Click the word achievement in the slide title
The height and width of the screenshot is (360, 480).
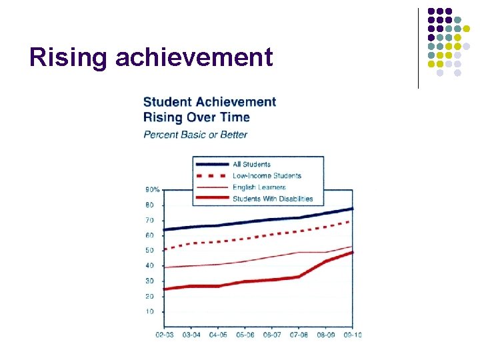194,57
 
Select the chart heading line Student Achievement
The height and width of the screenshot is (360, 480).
209,102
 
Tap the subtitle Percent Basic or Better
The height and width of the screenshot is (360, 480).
195,135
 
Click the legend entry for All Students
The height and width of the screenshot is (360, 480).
251,164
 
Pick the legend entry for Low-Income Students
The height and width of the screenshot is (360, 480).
267,176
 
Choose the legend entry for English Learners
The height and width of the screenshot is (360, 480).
259,187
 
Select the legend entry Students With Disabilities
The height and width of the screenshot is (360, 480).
272,199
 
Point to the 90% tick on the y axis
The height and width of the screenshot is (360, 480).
153,190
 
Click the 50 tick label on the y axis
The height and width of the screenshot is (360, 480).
150,251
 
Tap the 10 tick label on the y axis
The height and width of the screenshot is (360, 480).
150,311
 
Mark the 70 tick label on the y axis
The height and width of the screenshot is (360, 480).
150,220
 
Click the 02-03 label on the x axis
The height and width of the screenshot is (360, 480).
164,334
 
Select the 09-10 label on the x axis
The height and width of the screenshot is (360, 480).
353,334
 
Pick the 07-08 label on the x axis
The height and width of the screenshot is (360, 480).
299,334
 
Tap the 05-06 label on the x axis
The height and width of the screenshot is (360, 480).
245,334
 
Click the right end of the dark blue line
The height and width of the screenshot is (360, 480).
352,209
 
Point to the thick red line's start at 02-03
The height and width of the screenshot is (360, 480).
164,289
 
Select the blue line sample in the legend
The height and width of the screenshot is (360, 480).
211,164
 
